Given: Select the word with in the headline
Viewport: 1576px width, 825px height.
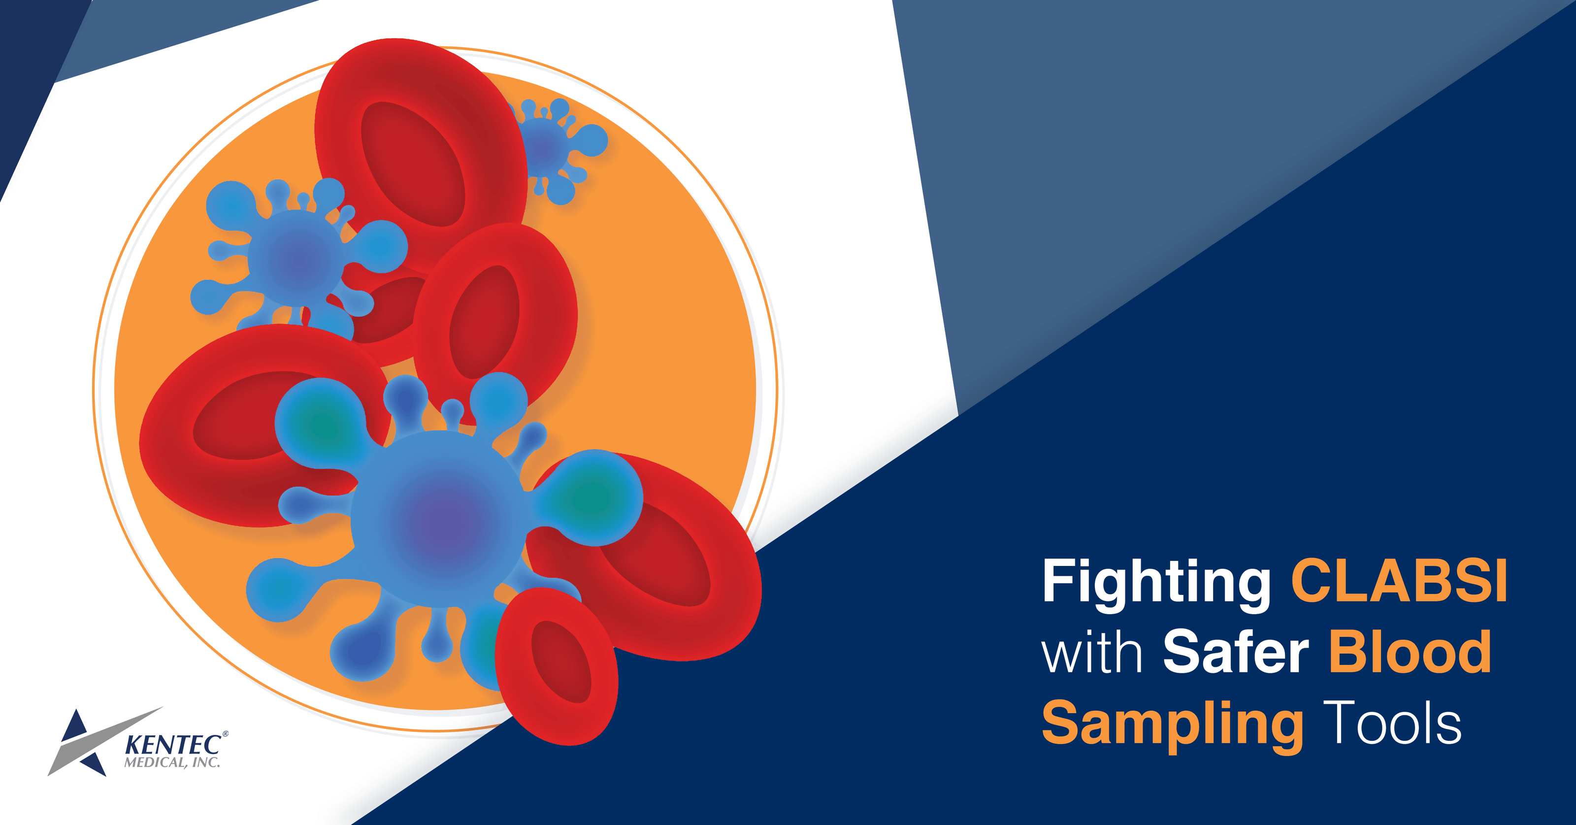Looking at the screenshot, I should click(1091, 653).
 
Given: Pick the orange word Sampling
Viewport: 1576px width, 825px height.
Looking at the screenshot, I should click(1172, 725).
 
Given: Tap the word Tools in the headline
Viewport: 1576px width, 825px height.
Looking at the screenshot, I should click(1392, 724).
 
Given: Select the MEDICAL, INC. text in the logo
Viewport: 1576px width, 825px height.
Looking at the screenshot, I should click(172, 762).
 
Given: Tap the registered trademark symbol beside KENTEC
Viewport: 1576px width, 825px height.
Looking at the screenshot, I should click(225, 734).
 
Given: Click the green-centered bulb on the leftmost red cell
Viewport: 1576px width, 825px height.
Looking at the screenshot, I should click(321, 422).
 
